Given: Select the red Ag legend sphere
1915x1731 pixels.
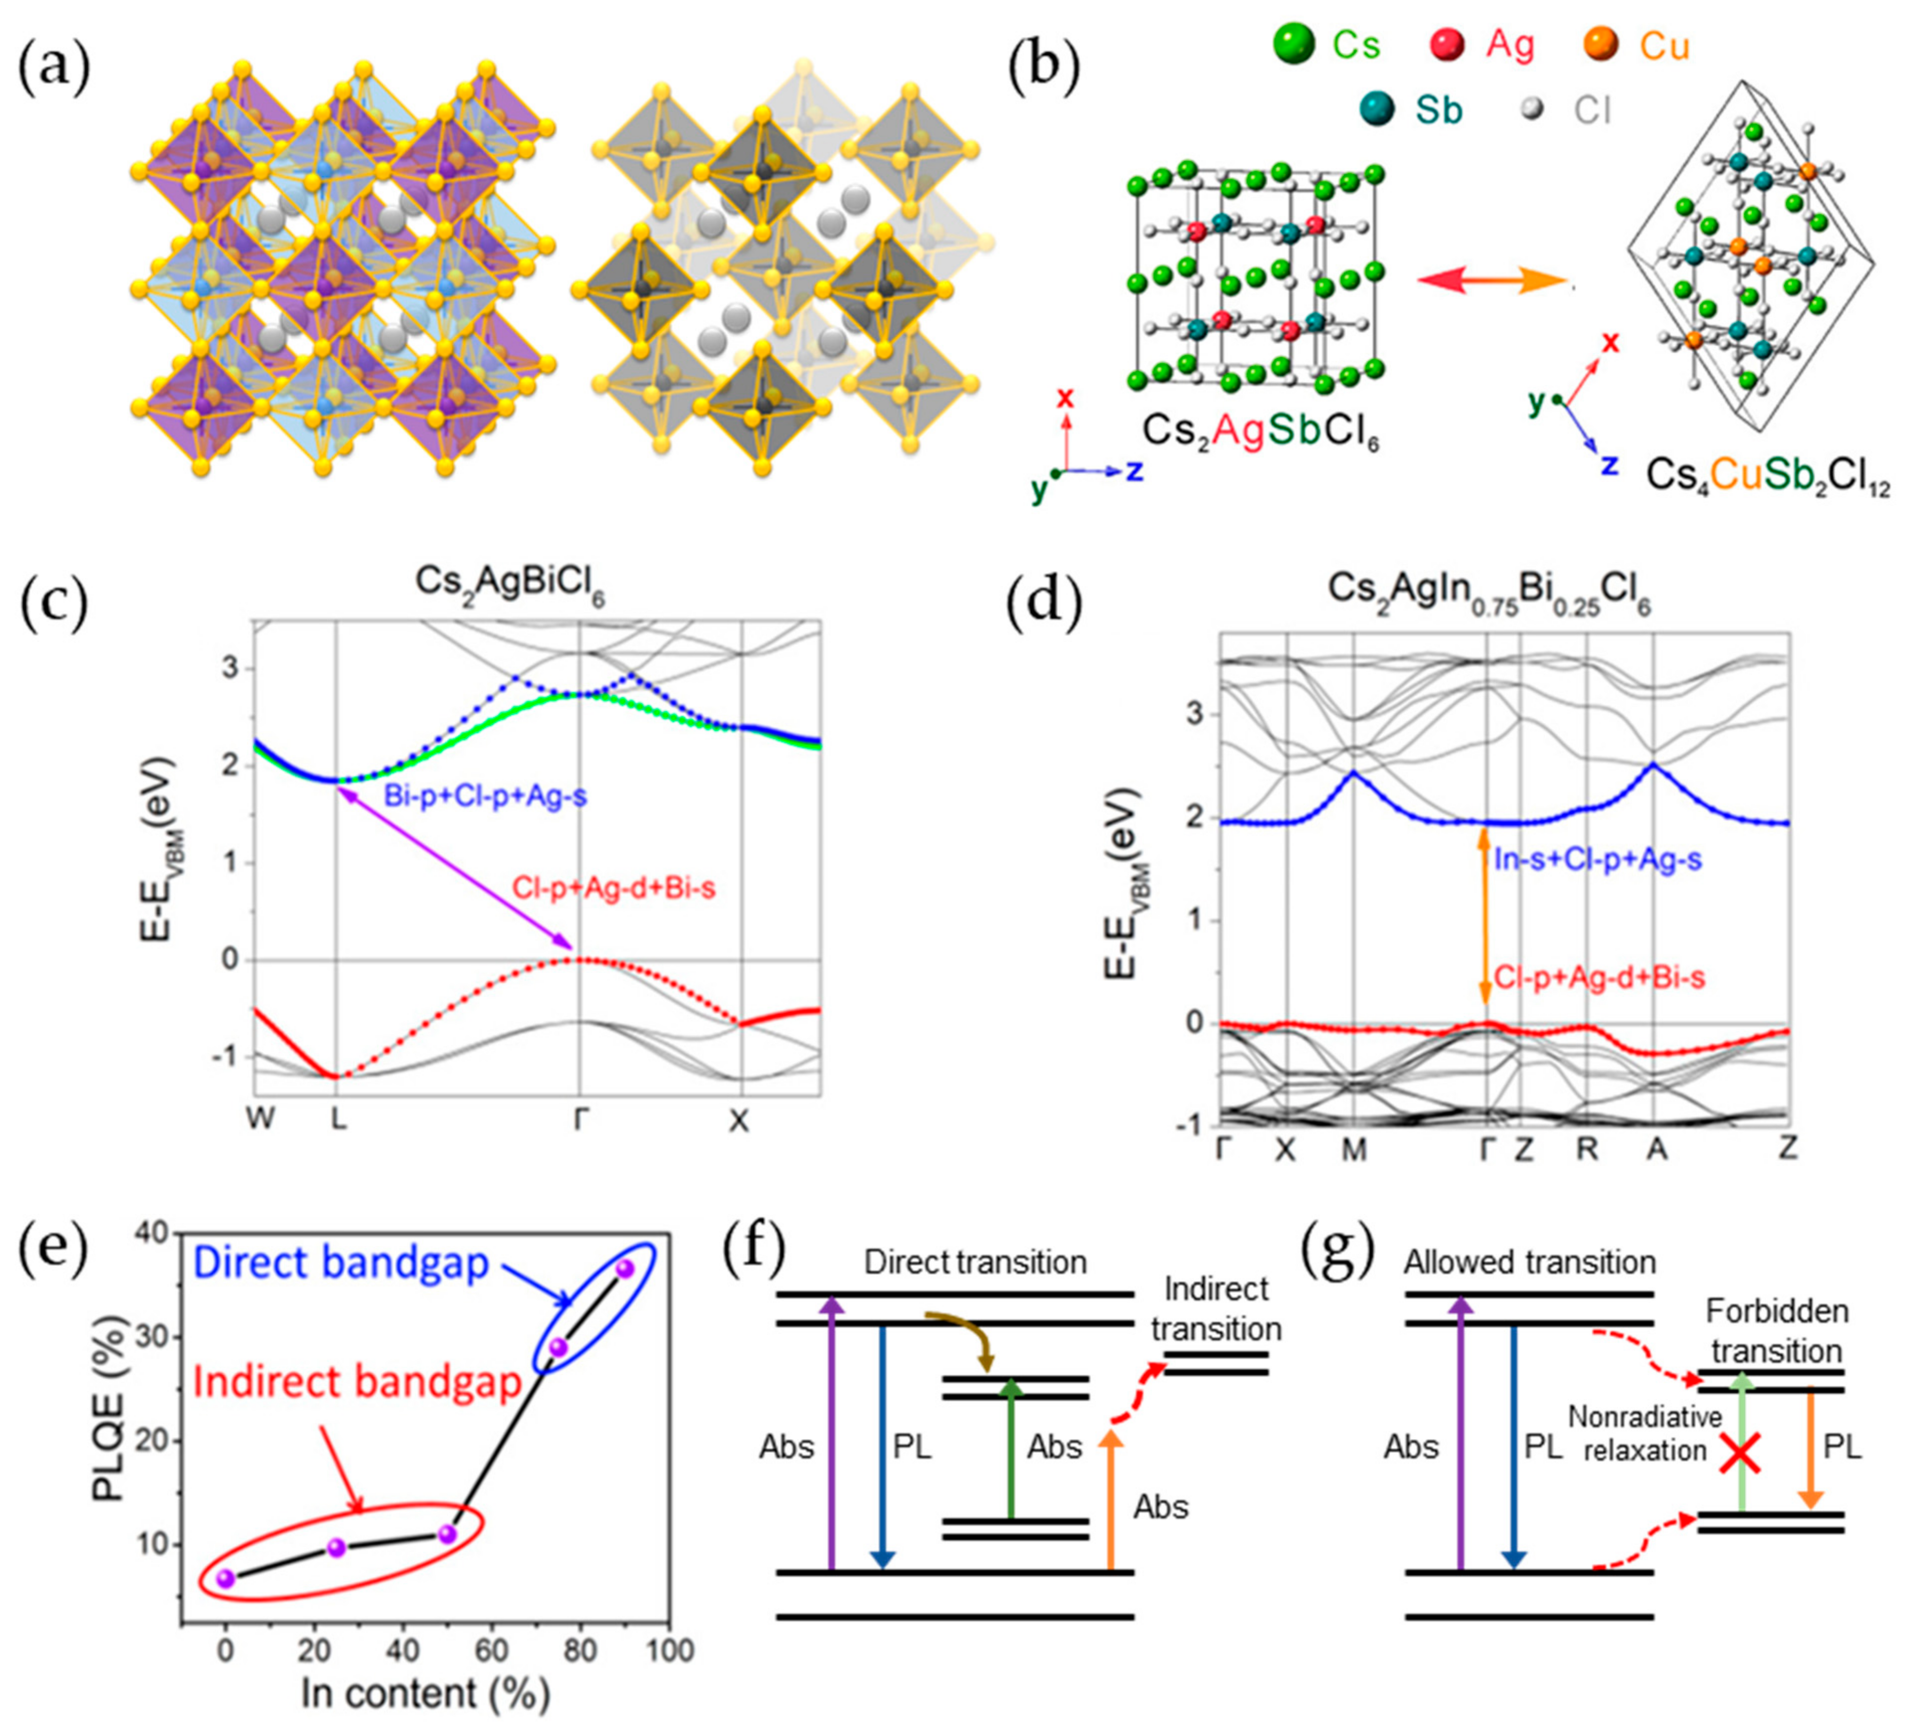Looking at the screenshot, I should coord(1448,44).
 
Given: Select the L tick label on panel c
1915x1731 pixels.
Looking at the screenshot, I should coord(338,1121).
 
